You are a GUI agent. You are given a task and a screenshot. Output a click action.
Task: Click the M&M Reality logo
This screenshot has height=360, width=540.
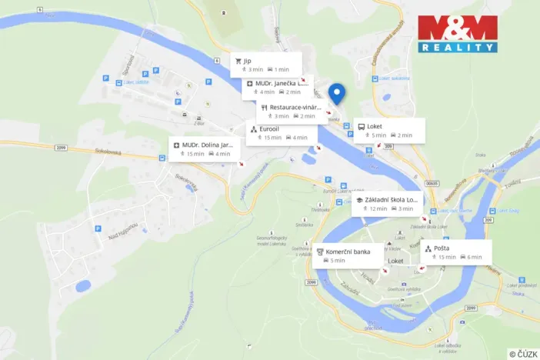(458, 33)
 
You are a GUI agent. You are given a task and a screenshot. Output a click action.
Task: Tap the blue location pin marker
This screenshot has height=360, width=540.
(336, 94)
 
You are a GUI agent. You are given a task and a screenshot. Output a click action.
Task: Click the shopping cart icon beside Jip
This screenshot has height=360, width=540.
(238, 59)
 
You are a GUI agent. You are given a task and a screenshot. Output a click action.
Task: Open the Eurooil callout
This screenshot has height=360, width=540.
(282, 132)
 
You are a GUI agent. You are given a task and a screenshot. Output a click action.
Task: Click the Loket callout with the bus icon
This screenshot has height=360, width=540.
(388, 130)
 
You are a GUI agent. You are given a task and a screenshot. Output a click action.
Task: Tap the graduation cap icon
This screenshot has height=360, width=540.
(359, 199)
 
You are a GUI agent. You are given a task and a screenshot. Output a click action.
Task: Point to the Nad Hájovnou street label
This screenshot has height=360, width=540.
(122, 230)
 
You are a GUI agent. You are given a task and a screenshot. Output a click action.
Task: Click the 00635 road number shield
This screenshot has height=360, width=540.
(432, 183)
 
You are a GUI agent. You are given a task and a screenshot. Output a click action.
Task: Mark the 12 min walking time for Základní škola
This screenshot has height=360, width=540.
(378, 208)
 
